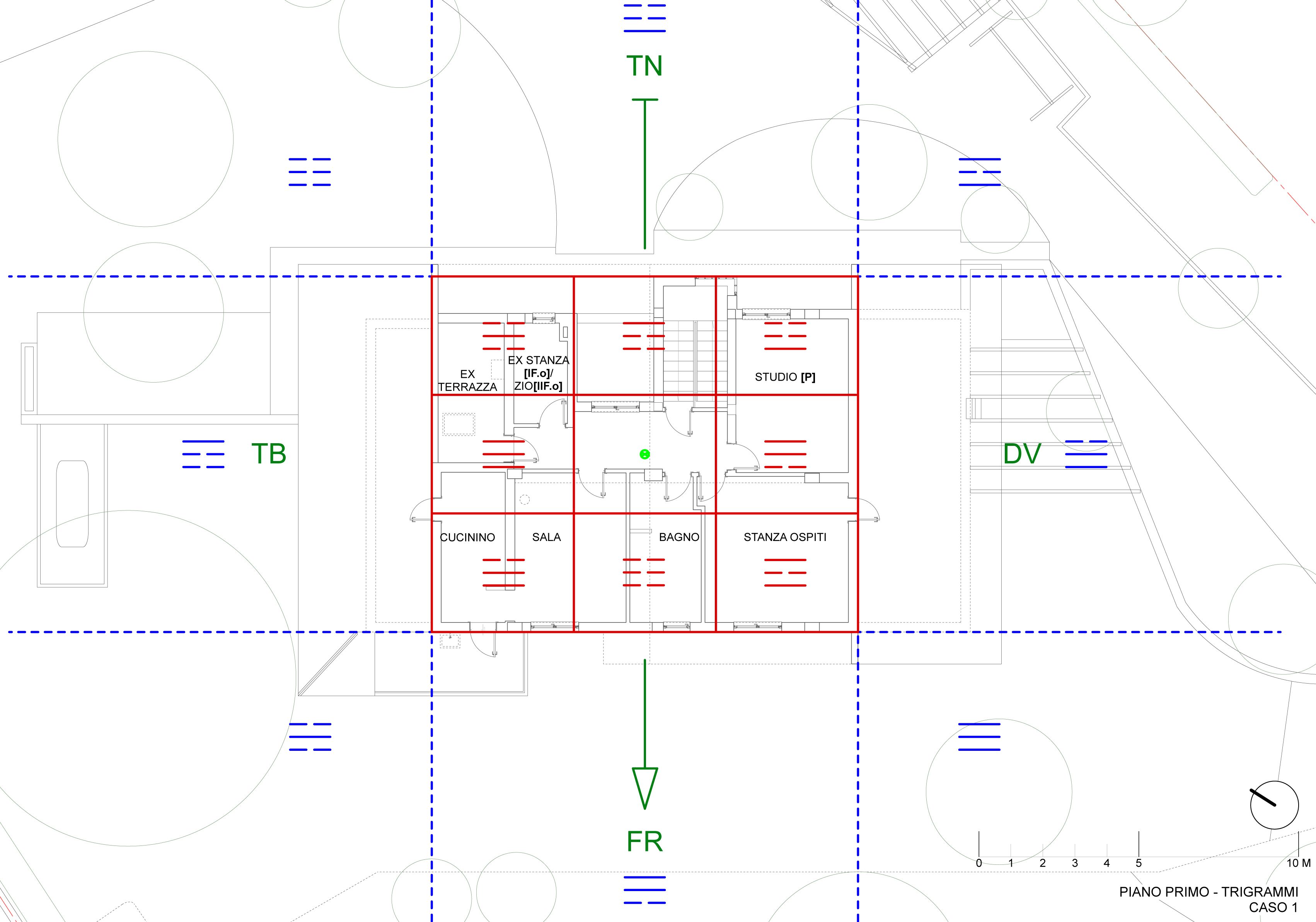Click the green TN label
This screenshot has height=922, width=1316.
click(x=644, y=66)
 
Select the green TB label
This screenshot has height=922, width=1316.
click(x=269, y=454)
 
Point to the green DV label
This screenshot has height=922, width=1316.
click(x=1022, y=454)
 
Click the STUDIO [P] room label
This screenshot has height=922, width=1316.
click(x=785, y=377)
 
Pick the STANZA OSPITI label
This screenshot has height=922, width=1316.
click(x=785, y=537)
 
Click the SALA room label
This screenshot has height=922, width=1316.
click(x=546, y=537)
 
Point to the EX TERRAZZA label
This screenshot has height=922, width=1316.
click(x=467, y=381)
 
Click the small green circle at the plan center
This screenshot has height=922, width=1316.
click(x=644, y=454)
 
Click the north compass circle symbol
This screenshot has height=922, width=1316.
click(x=1274, y=805)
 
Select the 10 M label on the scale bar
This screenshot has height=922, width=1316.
click(x=1298, y=863)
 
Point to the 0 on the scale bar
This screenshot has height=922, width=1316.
click(x=979, y=863)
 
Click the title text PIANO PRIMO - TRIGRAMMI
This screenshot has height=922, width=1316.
click(x=1208, y=891)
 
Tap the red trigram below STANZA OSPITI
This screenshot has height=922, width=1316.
click(x=785, y=572)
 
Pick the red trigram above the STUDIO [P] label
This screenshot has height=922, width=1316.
click(x=785, y=336)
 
